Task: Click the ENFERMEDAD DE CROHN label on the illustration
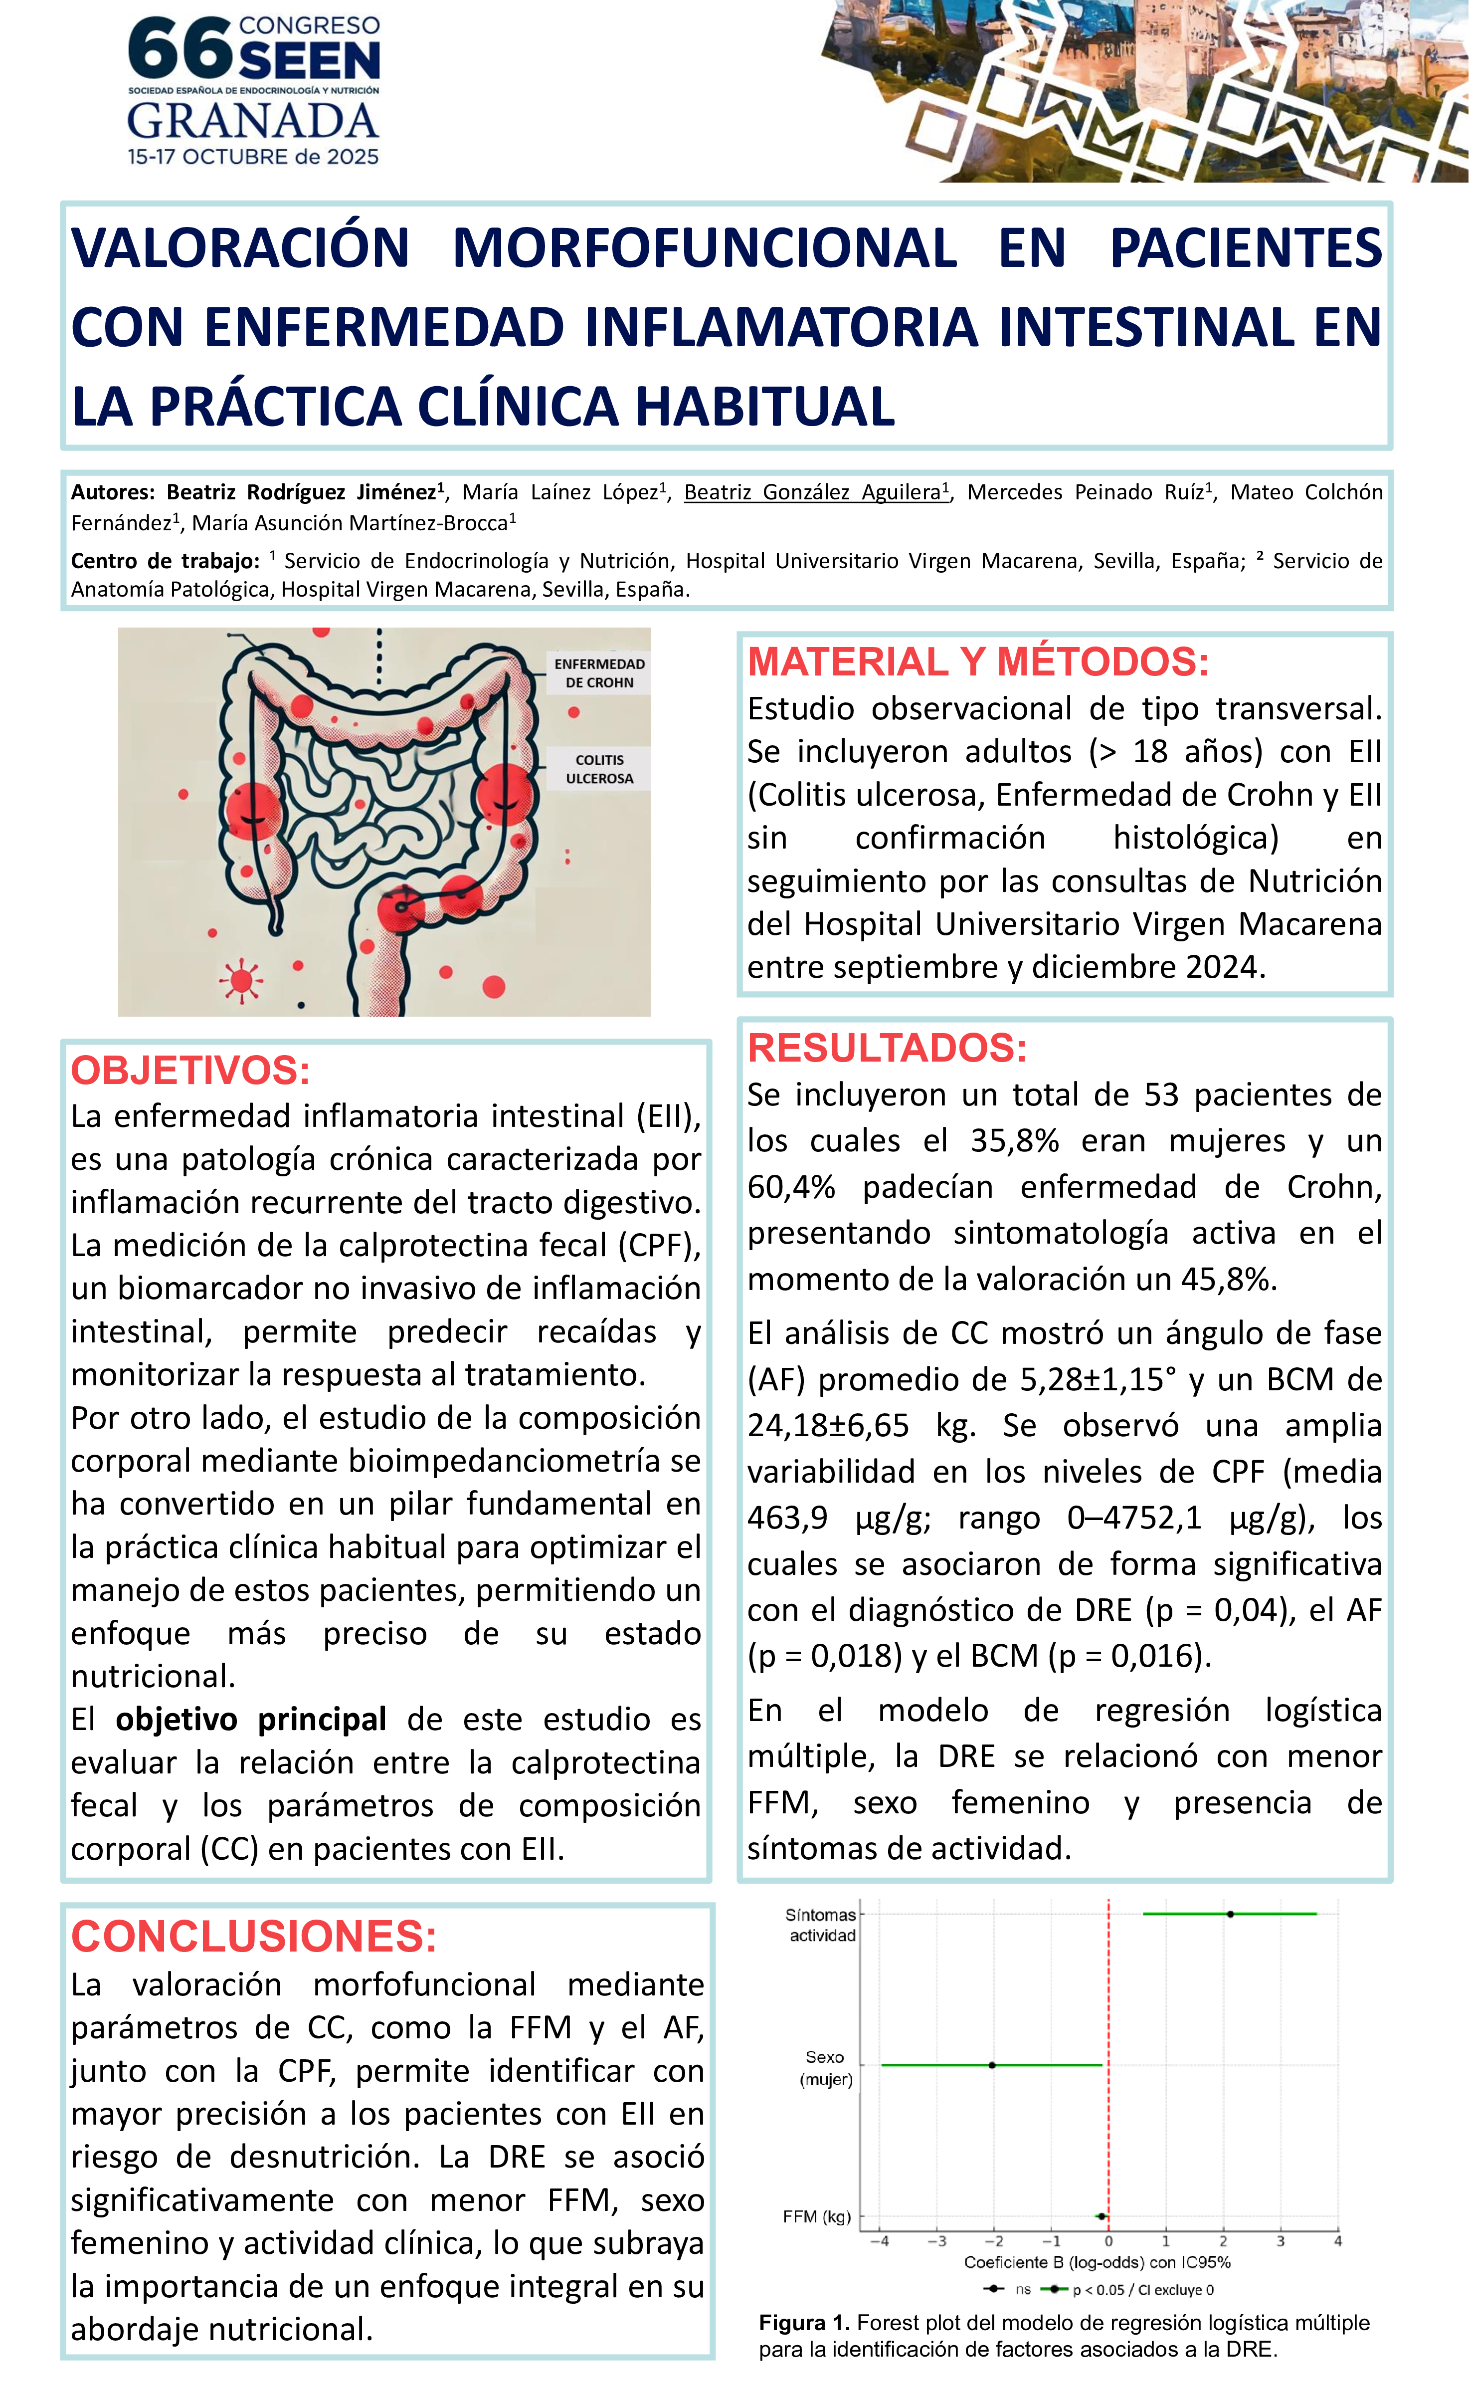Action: point(599,673)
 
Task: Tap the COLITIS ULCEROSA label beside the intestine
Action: point(599,769)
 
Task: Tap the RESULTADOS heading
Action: point(887,1048)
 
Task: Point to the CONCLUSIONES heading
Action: point(254,1937)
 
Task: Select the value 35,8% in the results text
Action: point(1013,1140)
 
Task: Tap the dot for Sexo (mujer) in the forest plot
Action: point(992,2065)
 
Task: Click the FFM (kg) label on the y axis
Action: point(816,2216)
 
